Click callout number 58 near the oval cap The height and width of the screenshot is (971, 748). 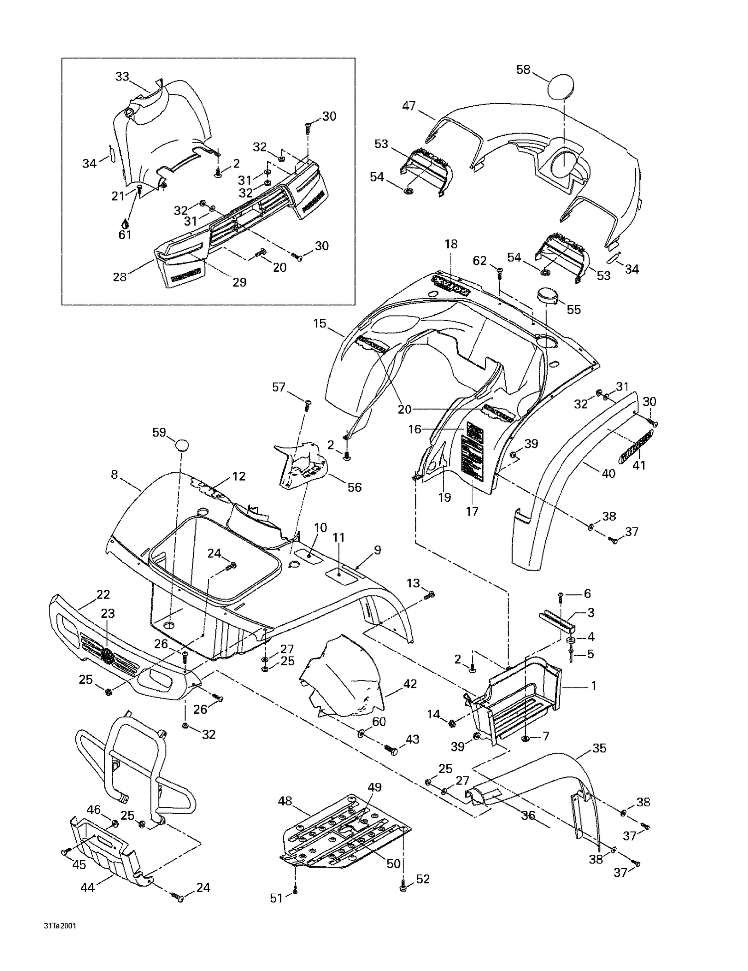(x=523, y=70)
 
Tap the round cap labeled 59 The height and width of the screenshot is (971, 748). (x=183, y=445)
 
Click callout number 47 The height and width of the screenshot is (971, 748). (x=409, y=106)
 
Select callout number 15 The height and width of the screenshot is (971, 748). (x=320, y=323)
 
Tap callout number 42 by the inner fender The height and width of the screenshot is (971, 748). (x=410, y=684)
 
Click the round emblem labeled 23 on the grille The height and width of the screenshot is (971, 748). (x=107, y=655)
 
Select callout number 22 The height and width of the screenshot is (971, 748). (x=103, y=594)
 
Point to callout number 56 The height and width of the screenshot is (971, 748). (x=355, y=487)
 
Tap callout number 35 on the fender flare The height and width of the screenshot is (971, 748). (x=599, y=748)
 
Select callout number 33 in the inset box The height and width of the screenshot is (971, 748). (x=122, y=77)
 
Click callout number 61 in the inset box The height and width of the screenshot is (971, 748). (x=125, y=234)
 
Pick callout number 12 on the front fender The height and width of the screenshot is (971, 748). (x=239, y=476)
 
